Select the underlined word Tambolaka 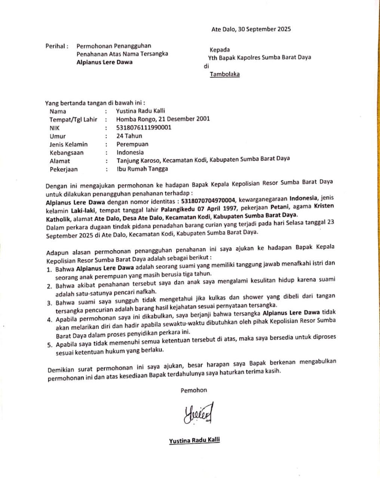[224, 74]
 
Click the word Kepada [220, 50]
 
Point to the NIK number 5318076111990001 [144, 127]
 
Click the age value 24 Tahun [129, 136]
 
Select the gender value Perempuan [132, 144]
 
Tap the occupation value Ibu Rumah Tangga [142, 169]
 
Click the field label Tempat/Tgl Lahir [73, 119]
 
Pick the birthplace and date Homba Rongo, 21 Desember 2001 [163, 119]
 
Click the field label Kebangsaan [67, 153]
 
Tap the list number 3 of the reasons [49, 303]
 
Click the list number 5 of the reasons [49, 345]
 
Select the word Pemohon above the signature [193, 390]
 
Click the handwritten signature [198, 413]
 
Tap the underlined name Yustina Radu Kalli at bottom [194, 441]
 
